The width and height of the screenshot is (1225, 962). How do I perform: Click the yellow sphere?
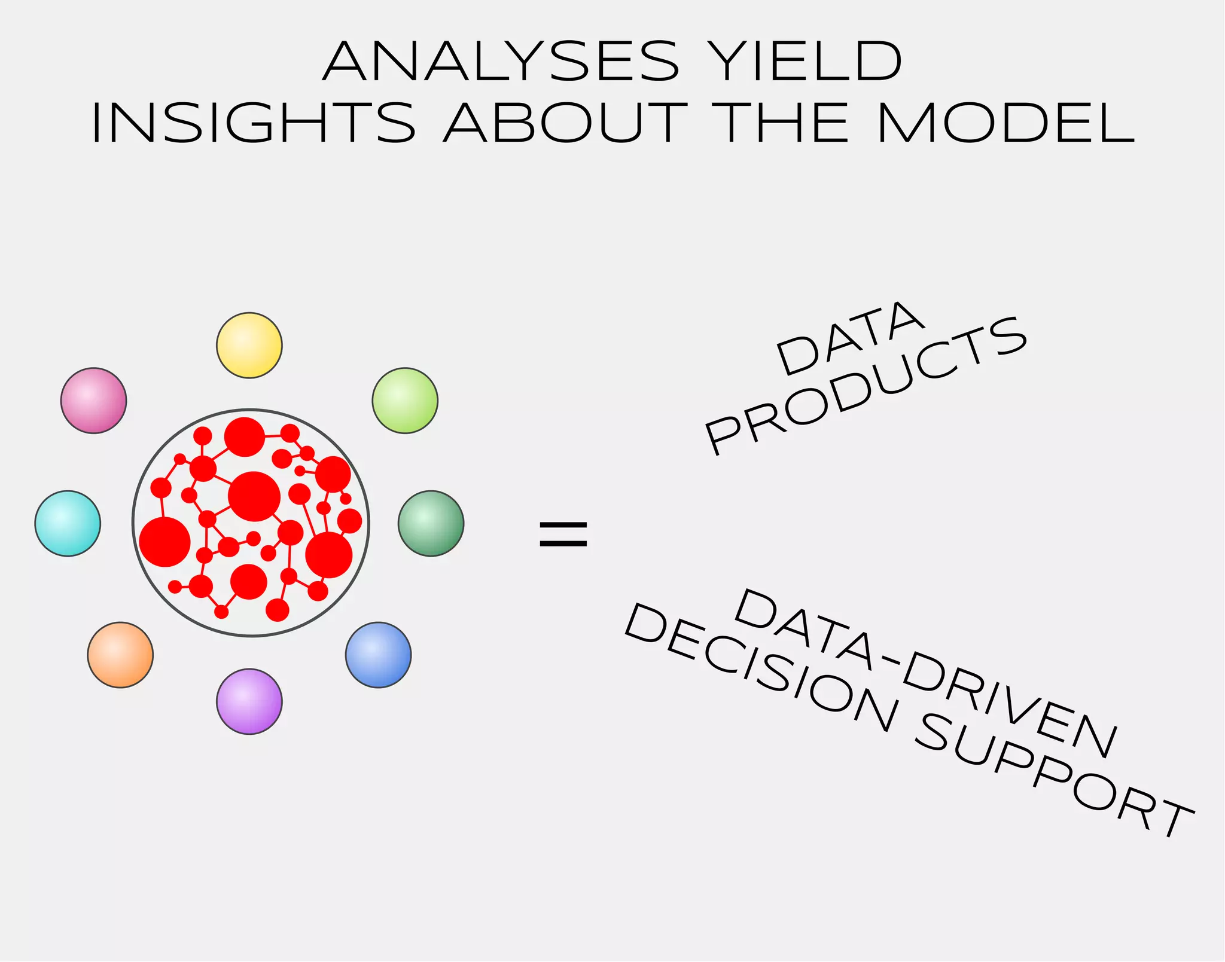(249, 345)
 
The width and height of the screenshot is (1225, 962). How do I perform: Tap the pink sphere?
(93, 400)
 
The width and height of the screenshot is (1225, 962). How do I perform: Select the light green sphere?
(405, 400)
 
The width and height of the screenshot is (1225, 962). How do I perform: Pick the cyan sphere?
(68, 523)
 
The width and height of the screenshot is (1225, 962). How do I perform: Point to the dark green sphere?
(431, 523)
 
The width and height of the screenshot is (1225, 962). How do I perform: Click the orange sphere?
(120, 655)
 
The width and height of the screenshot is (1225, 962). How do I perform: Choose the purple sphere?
(249, 701)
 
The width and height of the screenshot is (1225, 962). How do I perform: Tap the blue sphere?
(378, 655)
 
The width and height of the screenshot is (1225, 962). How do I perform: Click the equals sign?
(563, 534)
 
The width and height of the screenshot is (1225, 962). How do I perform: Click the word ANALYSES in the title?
(501, 62)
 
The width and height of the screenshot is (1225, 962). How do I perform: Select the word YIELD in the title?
(805, 62)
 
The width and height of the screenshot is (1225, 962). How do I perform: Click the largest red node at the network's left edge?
(164, 542)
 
